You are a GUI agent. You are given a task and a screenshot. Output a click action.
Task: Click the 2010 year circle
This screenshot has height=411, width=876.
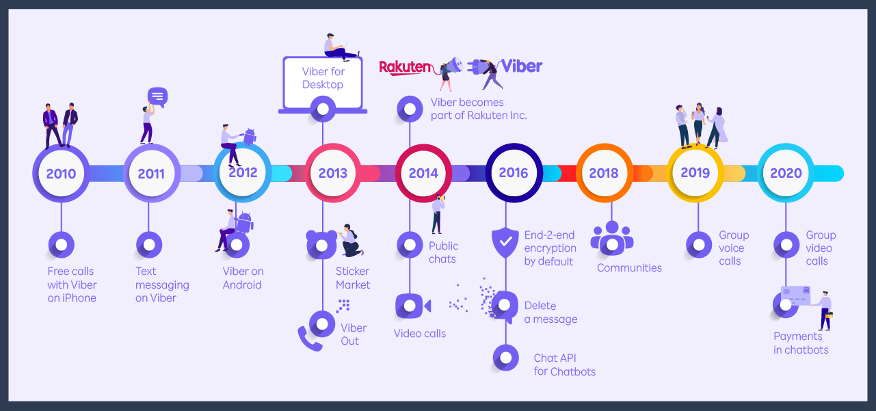click(x=61, y=173)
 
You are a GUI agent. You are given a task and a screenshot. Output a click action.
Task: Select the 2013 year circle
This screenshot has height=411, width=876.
click(x=333, y=173)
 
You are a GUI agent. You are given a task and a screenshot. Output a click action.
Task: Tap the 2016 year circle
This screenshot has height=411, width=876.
click(x=514, y=173)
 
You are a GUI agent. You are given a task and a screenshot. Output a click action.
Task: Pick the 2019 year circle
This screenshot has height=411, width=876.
click(x=695, y=173)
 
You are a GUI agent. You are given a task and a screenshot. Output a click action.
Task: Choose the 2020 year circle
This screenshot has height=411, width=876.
click(x=786, y=173)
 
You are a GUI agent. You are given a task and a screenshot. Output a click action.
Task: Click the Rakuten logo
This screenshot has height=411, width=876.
click(x=406, y=67)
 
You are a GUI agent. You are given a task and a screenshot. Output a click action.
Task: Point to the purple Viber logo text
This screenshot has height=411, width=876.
click(x=521, y=66)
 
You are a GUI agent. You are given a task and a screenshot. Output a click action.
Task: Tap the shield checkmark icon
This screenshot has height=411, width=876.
click(x=505, y=243)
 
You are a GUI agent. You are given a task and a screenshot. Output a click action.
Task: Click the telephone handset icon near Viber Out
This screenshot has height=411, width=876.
click(x=309, y=339)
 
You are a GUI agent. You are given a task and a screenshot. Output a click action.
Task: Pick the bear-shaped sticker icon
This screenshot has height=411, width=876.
click(x=321, y=244)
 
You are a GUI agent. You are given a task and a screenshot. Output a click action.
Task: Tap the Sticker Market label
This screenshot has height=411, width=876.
click(x=353, y=278)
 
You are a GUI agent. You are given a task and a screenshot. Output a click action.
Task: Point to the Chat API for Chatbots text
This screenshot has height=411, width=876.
click(x=564, y=365)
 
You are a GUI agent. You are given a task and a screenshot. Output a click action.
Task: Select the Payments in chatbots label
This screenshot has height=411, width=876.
click(x=801, y=343)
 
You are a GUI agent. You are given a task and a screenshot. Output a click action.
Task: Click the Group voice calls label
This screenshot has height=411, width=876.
click(x=734, y=248)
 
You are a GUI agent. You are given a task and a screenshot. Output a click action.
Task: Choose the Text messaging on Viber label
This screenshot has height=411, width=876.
click(x=162, y=284)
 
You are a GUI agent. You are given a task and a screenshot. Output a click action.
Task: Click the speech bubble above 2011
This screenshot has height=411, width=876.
click(x=157, y=96)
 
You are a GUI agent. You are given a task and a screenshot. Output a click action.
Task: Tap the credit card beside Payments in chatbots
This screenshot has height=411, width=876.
click(x=796, y=295)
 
